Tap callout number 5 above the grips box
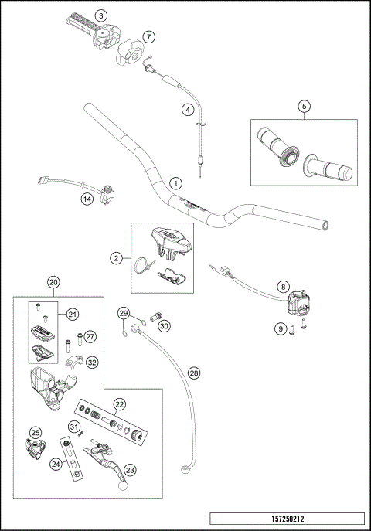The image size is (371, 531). pos(305,106)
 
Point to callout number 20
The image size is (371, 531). pos(53,282)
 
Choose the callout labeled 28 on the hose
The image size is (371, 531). pos(193,373)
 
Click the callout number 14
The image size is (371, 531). pos(87,199)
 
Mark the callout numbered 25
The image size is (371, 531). pos(35,433)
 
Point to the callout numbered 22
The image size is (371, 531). pos(120,404)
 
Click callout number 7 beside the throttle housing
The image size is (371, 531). pos(148,36)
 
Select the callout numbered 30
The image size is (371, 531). pos(164,326)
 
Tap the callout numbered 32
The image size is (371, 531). pos(92,362)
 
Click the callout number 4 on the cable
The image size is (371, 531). pos(188,110)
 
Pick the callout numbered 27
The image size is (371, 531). pos(90,336)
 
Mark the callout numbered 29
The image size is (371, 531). pos(123,313)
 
